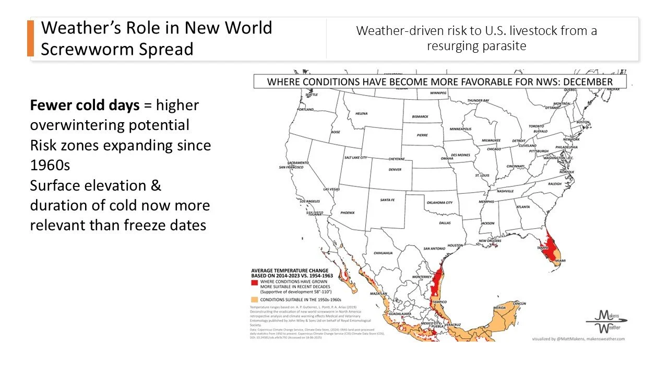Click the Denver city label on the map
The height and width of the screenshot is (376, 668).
point(395,169)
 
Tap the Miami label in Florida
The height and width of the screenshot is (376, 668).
point(560,261)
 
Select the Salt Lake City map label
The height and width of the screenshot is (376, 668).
point(355,158)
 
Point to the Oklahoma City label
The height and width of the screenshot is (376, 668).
point(439,203)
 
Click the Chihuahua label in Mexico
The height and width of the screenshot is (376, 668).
point(383,253)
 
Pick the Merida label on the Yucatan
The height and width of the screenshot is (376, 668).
point(499,308)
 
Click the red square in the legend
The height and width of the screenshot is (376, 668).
point(255,282)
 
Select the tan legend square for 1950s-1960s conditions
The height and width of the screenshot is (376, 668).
point(255,300)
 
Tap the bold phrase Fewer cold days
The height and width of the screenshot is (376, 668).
point(85,105)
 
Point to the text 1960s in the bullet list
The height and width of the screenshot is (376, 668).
point(50,165)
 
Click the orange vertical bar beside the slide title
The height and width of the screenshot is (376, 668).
point(30,39)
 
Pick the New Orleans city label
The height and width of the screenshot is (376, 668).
point(491,241)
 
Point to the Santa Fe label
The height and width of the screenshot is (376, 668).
point(387,200)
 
